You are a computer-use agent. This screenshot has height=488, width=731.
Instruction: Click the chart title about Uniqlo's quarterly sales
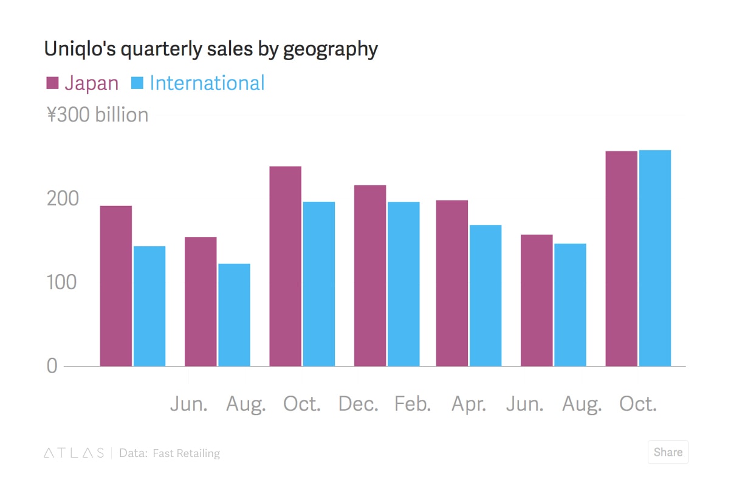tap(210, 49)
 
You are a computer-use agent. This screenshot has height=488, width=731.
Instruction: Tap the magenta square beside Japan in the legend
tap(52, 83)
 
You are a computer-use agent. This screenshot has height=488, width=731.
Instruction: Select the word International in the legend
tap(207, 83)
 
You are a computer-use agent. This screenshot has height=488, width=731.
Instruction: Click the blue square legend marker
tap(137, 83)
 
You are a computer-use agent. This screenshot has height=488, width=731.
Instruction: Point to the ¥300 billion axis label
tap(97, 115)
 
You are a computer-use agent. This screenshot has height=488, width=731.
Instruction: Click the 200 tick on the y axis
tap(63, 199)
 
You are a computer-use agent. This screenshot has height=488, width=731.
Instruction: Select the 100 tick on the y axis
tap(62, 283)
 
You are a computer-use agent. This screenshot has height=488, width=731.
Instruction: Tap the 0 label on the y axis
tap(52, 366)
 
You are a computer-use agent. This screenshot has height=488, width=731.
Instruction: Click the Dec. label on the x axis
tap(358, 404)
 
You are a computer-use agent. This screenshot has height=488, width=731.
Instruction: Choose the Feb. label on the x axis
tap(413, 404)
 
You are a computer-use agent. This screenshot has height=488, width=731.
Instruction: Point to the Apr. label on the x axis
tap(468, 404)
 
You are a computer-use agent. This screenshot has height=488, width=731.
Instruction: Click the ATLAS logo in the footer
tap(74, 453)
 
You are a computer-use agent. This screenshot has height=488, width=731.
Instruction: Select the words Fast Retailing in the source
tap(186, 453)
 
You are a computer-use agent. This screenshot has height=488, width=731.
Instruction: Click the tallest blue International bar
tap(654, 258)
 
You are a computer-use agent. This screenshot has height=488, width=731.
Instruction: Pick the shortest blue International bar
tap(234, 315)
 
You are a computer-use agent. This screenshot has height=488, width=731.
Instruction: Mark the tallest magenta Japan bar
tap(621, 258)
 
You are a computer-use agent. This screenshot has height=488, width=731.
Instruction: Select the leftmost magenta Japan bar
tap(115, 286)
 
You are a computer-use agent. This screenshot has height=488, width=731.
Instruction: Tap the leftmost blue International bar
tap(149, 306)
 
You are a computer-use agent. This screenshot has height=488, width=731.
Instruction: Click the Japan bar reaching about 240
tap(285, 266)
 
